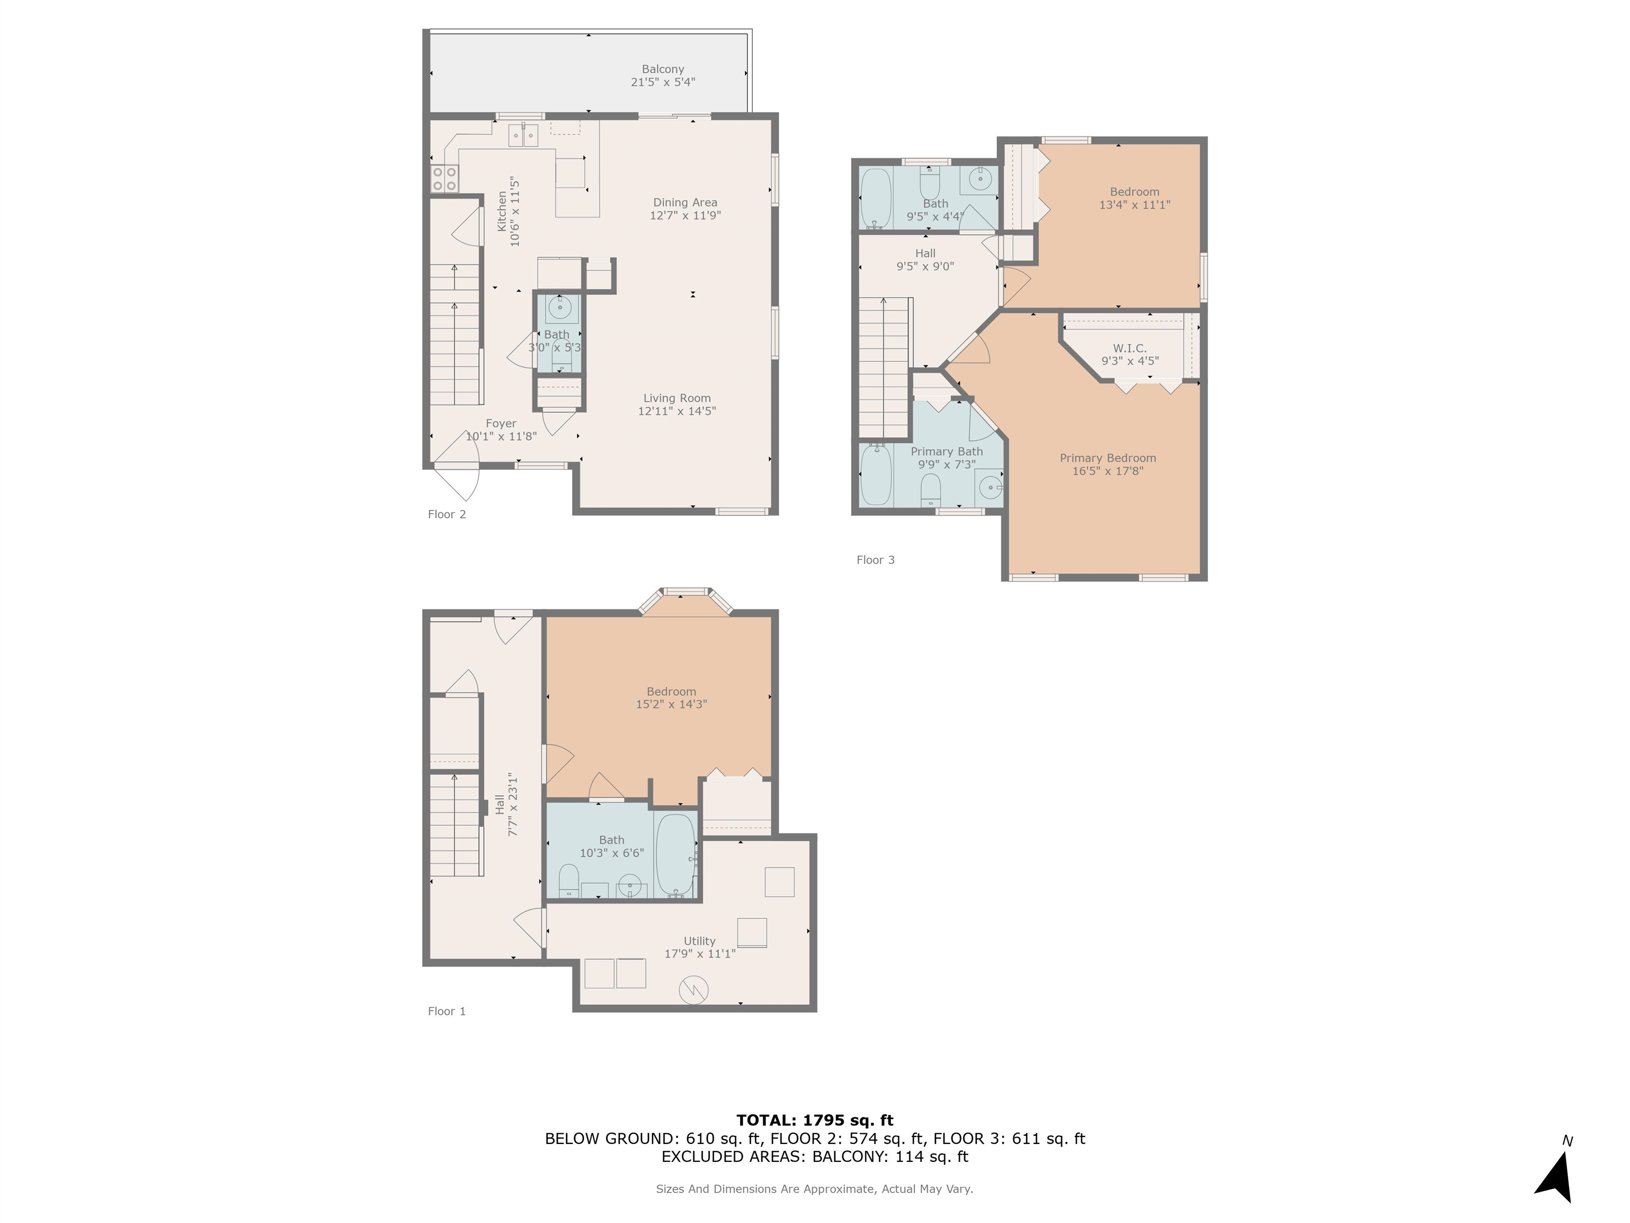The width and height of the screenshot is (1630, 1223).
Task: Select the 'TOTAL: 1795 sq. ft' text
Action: click(814, 1121)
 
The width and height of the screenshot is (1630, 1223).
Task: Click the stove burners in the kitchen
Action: click(444, 178)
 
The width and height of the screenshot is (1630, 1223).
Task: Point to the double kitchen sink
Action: click(523, 136)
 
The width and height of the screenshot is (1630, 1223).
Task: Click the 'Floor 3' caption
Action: click(874, 559)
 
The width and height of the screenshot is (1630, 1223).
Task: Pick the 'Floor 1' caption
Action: click(447, 1011)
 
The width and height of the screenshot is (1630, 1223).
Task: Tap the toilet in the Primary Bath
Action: click(931, 488)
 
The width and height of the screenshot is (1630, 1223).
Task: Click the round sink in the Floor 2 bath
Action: click(560, 308)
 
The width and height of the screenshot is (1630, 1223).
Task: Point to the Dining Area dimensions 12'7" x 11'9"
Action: click(684, 216)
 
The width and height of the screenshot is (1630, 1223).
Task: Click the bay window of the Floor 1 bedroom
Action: click(686, 594)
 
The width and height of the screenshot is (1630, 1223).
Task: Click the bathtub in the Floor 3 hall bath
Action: click(876, 197)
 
